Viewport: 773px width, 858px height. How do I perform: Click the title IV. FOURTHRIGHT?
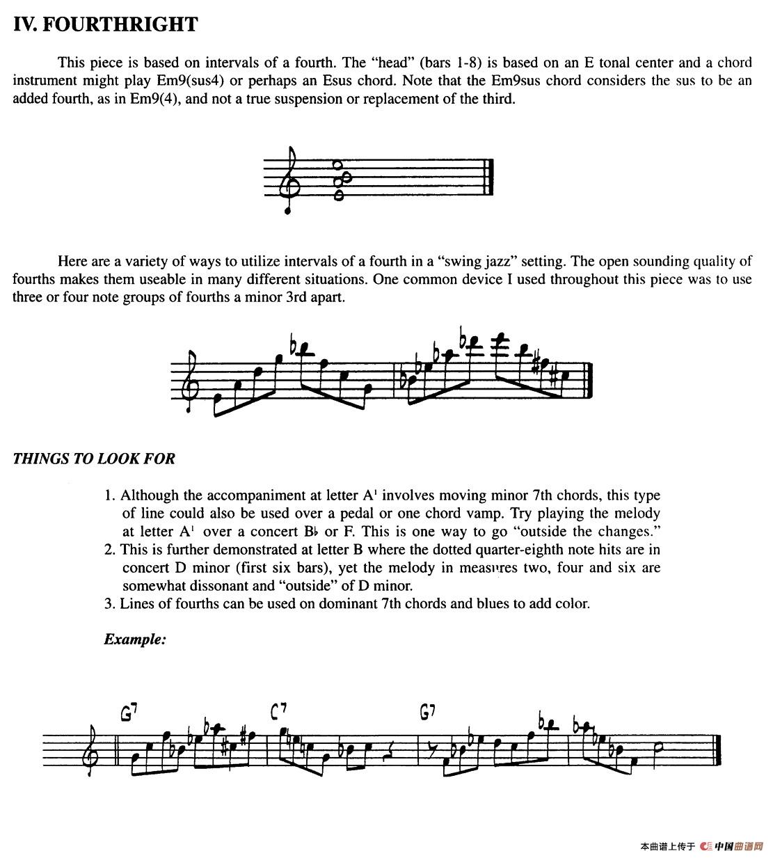pyautogui.click(x=105, y=25)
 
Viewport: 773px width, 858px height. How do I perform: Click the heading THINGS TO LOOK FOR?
pyautogui.click(x=94, y=459)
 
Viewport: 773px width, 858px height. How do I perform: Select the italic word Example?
pyautogui.click(x=135, y=639)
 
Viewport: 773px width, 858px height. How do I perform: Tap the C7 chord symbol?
pyautogui.click(x=279, y=711)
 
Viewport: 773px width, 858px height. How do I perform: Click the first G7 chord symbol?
pyautogui.click(x=129, y=713)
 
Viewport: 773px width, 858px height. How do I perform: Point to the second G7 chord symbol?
pyautogui.click(x=428, y=712)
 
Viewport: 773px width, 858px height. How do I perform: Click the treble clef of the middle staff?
pyautogui.click(x=190, y=384)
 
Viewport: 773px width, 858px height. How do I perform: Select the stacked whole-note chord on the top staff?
pyautogui.click(x=339, y=180)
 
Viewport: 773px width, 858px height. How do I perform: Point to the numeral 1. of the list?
pyautogui.click(x=110, y=495)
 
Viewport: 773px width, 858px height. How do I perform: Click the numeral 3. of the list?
pyautogui.click(x=110, y=603)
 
